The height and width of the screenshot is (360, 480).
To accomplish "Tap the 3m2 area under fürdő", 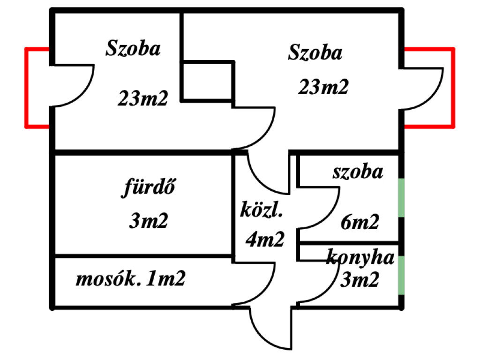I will click(148, 220).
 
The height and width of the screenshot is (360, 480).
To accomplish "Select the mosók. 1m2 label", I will click(131, 279).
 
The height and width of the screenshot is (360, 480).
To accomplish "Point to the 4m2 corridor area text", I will click(265, 240).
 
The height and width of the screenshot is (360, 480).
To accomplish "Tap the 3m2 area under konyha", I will click(359, 280).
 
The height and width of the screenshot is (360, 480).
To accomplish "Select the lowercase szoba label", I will click(358, 172).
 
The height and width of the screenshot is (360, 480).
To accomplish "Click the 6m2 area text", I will click(360, 222).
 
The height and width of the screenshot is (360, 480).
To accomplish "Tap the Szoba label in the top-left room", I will click(133, 49).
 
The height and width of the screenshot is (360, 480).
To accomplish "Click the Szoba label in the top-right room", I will click(315, 52).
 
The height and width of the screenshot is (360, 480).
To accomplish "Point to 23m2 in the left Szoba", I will click(142, 98).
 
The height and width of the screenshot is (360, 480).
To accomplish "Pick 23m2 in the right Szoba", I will click(323, 87).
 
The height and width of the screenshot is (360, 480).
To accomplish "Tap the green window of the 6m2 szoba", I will click(401, 197).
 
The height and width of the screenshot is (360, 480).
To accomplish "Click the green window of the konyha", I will click(401, 275).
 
